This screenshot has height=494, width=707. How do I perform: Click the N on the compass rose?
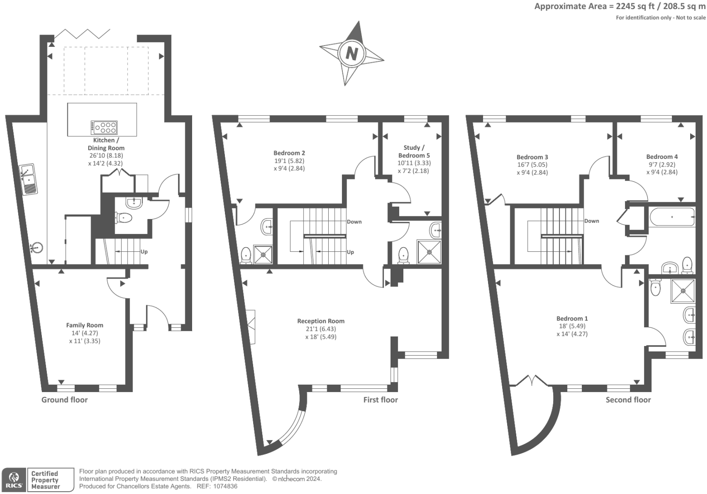click(351, 53)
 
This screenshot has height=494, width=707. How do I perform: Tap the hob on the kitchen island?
click(104, 127)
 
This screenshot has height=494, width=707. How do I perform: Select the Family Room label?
click(85, 325)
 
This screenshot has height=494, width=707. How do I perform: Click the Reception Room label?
click(320, 321)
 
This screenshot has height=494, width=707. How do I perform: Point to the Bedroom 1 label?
click(572, 319)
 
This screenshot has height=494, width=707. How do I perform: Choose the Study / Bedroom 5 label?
click(414, 152)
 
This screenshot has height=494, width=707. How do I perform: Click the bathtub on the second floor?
click(672, 217)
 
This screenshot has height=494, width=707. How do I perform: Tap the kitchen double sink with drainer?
click(28, 179)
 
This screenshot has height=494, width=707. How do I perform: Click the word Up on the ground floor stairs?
click(144, 252)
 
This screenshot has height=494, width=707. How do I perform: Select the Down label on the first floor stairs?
click(354, 222)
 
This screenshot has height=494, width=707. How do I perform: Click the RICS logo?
click(14, 480)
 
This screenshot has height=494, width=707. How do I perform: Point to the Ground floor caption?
click(64, 400)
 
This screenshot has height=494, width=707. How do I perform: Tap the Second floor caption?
click(628, 400)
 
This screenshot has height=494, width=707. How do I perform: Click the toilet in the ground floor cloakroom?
click(124, 218)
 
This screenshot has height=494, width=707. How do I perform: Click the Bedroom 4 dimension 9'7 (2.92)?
click(662, 164)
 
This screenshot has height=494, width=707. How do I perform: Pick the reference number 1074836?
click(225, 486)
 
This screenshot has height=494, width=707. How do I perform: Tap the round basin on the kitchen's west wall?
click(36, 248)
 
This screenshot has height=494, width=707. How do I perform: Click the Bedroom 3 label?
click(532, 157)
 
